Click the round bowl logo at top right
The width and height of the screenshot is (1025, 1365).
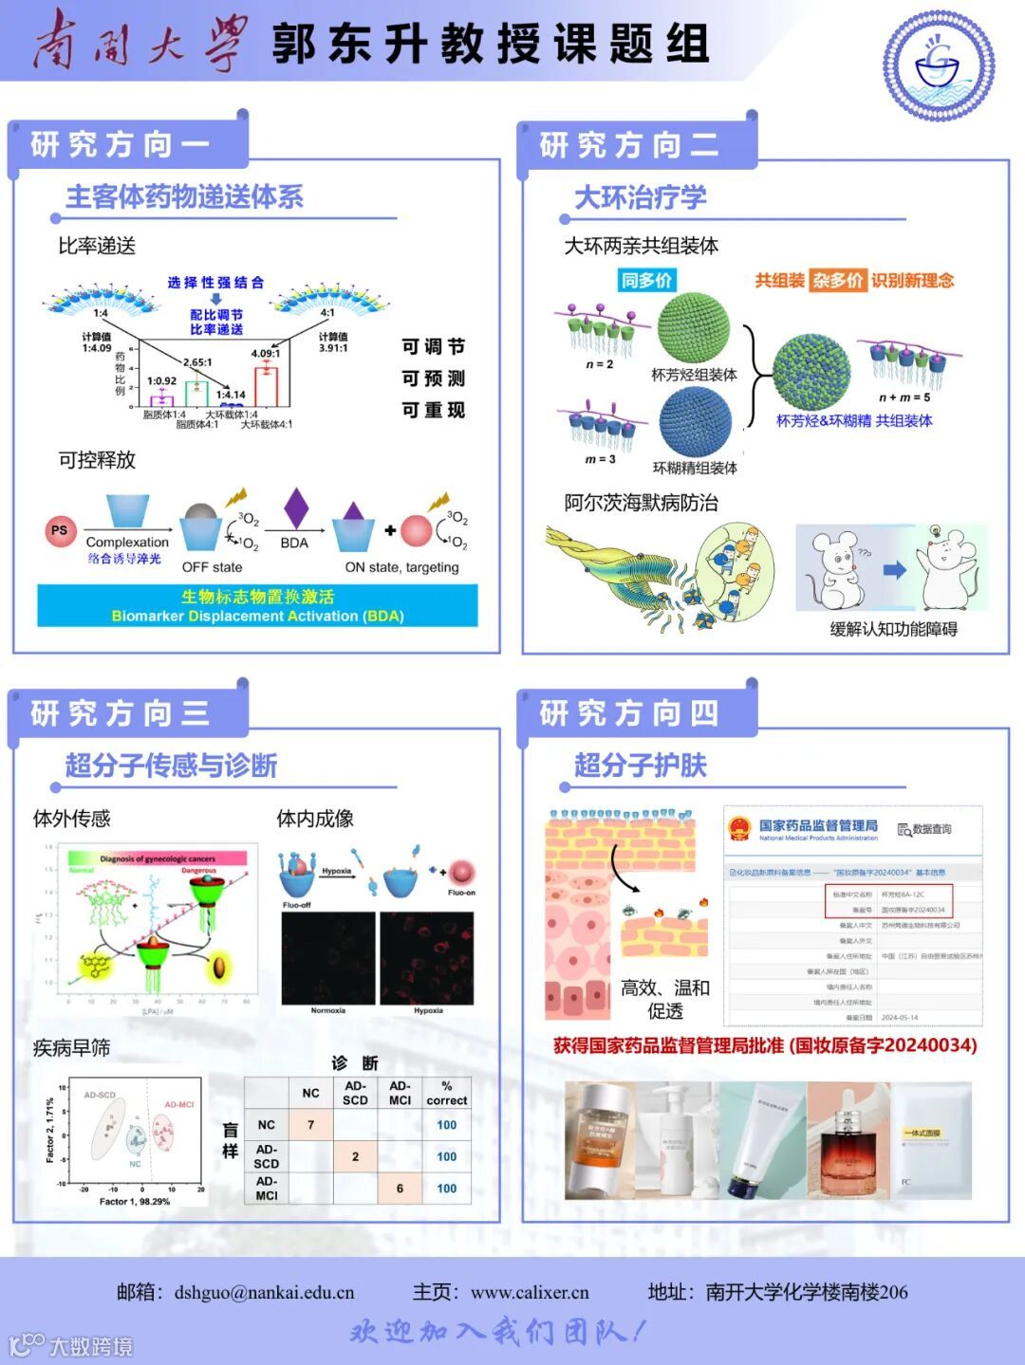[938, 65]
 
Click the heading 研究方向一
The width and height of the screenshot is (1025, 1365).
[121, 145]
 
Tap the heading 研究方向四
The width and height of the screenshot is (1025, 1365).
[629, 713]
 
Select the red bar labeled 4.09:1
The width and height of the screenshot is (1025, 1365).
[266, 385]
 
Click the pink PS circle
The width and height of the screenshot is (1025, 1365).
[59, 530]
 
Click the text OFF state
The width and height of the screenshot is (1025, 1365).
[212, 567]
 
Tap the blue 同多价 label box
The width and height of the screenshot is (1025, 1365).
[646, 280]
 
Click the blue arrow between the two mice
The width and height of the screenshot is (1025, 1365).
[894, 570]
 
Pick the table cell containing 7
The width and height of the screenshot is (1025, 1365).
[310, 1125]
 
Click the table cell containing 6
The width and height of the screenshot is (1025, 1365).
[400, 1189]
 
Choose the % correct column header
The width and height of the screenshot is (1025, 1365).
[446, 1093]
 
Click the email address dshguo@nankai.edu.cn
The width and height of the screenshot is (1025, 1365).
[264, 1292]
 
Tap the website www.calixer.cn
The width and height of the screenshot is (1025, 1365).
[530, 1292]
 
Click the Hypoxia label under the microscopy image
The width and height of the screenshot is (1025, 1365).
[428, 1010]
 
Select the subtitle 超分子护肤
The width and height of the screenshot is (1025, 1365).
[641, 766]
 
